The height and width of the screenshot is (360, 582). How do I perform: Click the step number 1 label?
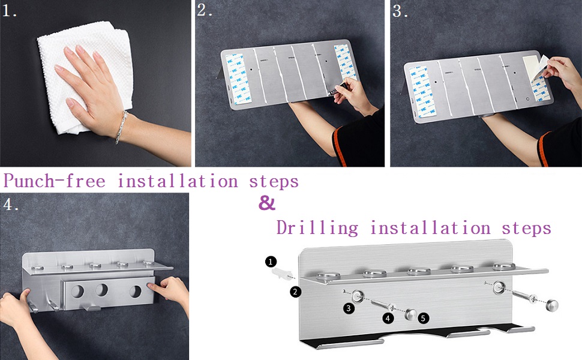[9, 11]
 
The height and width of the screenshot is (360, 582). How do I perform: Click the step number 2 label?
[205, 10]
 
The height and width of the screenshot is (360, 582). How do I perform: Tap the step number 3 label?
[400, 11]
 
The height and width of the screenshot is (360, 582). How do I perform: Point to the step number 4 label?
[11, 204]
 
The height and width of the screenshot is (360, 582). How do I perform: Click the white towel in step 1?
[85, 74]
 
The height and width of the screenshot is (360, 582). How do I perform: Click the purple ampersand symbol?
[267, 203]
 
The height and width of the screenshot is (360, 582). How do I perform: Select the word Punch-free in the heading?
[55, 181]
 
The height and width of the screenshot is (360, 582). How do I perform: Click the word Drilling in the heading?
[317, 227]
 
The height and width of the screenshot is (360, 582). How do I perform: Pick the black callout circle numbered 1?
[271, 262]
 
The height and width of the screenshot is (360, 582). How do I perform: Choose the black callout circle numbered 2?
[295, 292]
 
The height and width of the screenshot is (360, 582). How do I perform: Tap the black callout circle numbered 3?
[348, 308]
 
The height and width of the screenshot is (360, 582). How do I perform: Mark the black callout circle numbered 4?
[388, 318]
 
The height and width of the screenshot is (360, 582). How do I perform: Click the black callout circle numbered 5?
[423, 317]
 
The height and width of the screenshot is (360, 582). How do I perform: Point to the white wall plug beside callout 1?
[281, 274]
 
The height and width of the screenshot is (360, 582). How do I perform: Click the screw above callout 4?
[382, 305]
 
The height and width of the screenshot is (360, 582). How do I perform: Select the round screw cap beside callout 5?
[411, 314]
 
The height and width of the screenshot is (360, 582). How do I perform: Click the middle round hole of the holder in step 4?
[101, 290]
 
